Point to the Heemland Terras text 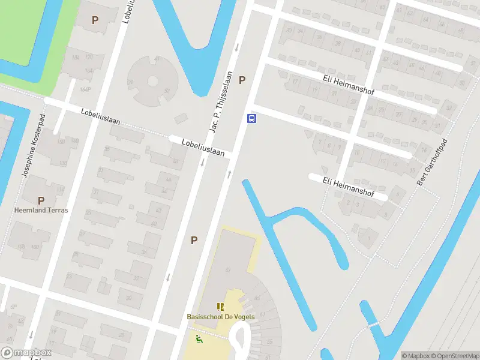click(41, 211)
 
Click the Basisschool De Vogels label click(220, 317)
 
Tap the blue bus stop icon click(252, 118)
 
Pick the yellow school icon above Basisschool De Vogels click(220, 307)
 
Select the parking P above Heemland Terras click(41, 200)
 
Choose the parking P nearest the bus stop click(242, 80)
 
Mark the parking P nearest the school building click(194, 240)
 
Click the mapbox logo click(26, 353)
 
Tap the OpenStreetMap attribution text click(451, 356)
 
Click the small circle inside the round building click(152, 80)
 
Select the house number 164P click(85, 89)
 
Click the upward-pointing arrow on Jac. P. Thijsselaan click(229, 174)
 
